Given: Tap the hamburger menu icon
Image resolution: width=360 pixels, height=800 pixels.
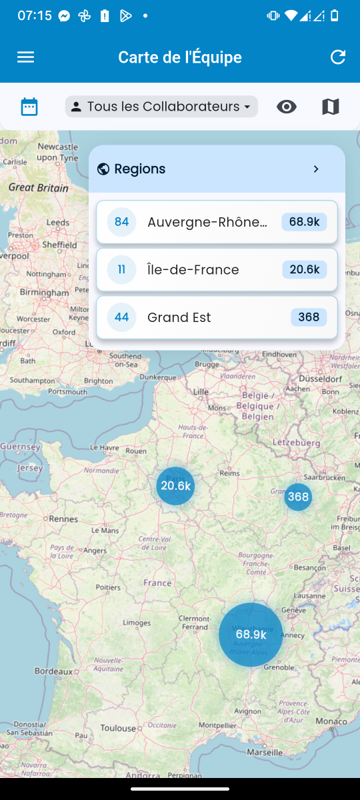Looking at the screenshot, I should click(x=25, y=57).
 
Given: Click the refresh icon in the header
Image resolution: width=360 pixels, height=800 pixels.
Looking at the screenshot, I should click(x=338, y=57).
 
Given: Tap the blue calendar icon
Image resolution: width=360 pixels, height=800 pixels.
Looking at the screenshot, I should click(x=29, y=107).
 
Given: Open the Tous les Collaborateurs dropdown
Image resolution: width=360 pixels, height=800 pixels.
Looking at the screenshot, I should click(x=161, y=107).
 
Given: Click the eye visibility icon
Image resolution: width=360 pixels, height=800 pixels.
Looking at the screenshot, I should click(x=287, y=107).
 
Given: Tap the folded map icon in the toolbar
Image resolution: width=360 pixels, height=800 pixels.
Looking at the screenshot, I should click(x=331, y=107).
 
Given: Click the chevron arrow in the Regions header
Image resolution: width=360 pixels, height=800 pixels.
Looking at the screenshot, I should click(x=316, y=169).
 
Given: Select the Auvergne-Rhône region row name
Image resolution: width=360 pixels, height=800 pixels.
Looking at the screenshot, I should click(x=207, y=222).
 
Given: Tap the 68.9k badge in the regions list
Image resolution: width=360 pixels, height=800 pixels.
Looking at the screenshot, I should click(x=304, y=222).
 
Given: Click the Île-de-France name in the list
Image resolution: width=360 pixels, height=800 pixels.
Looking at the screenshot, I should click(x=193, y=270).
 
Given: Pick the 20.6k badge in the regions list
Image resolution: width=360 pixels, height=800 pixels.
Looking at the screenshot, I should click(x=304, y=270).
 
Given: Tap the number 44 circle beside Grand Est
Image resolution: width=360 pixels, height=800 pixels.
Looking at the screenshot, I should click(x=121, y=317).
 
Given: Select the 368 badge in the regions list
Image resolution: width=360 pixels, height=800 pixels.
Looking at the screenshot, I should click(x=309, y=317).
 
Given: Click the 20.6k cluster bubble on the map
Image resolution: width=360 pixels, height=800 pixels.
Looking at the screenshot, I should click(x=176, y=486).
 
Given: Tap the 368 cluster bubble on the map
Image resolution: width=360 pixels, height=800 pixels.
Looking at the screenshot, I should click(x=298, y=497).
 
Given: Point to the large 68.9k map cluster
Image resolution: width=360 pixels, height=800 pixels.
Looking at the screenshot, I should click(x=251, y=635).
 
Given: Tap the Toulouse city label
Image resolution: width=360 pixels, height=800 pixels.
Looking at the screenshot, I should click(x=118, y=729).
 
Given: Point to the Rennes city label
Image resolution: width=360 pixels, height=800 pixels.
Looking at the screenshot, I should click(x=63, y=519).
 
